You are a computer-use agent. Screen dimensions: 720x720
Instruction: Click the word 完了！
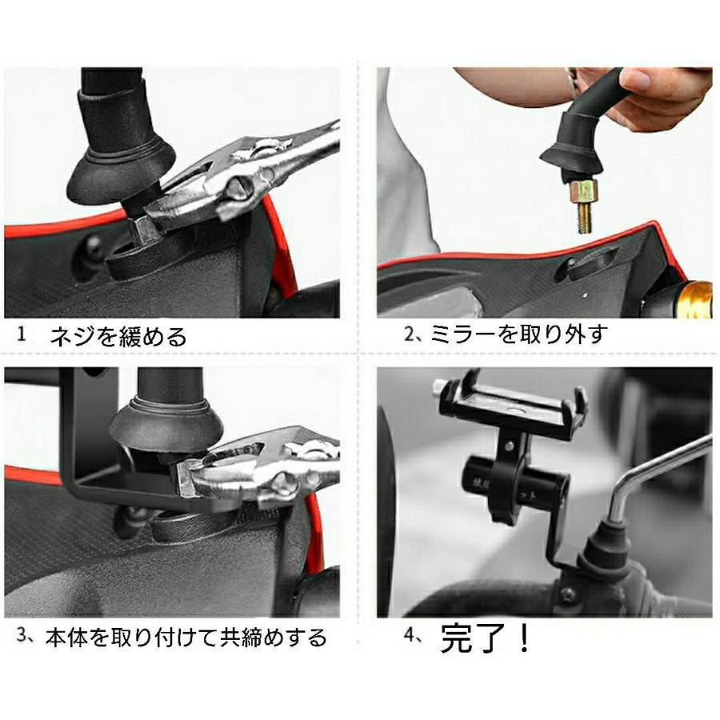coord(486,638)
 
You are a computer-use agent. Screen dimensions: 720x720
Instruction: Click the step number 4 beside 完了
coord(412,638)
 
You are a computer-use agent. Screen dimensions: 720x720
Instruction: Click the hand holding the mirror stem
coord(656,92)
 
